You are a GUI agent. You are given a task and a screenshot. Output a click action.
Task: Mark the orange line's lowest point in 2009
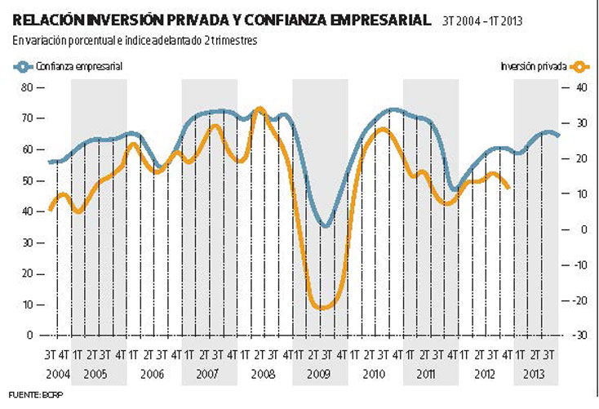(x=322, y=309)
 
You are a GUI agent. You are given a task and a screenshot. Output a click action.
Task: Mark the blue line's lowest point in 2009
(x=326, y=226)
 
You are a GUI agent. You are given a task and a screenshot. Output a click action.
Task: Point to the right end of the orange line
(x=509, y=188)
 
